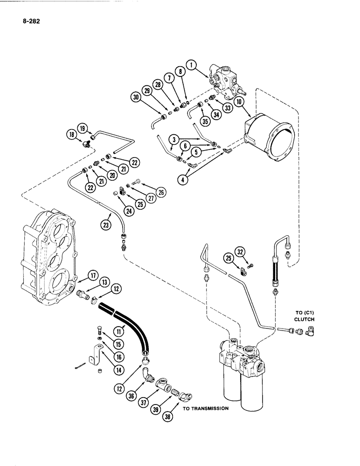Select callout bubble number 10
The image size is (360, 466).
241,102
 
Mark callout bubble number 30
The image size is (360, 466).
136,97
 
